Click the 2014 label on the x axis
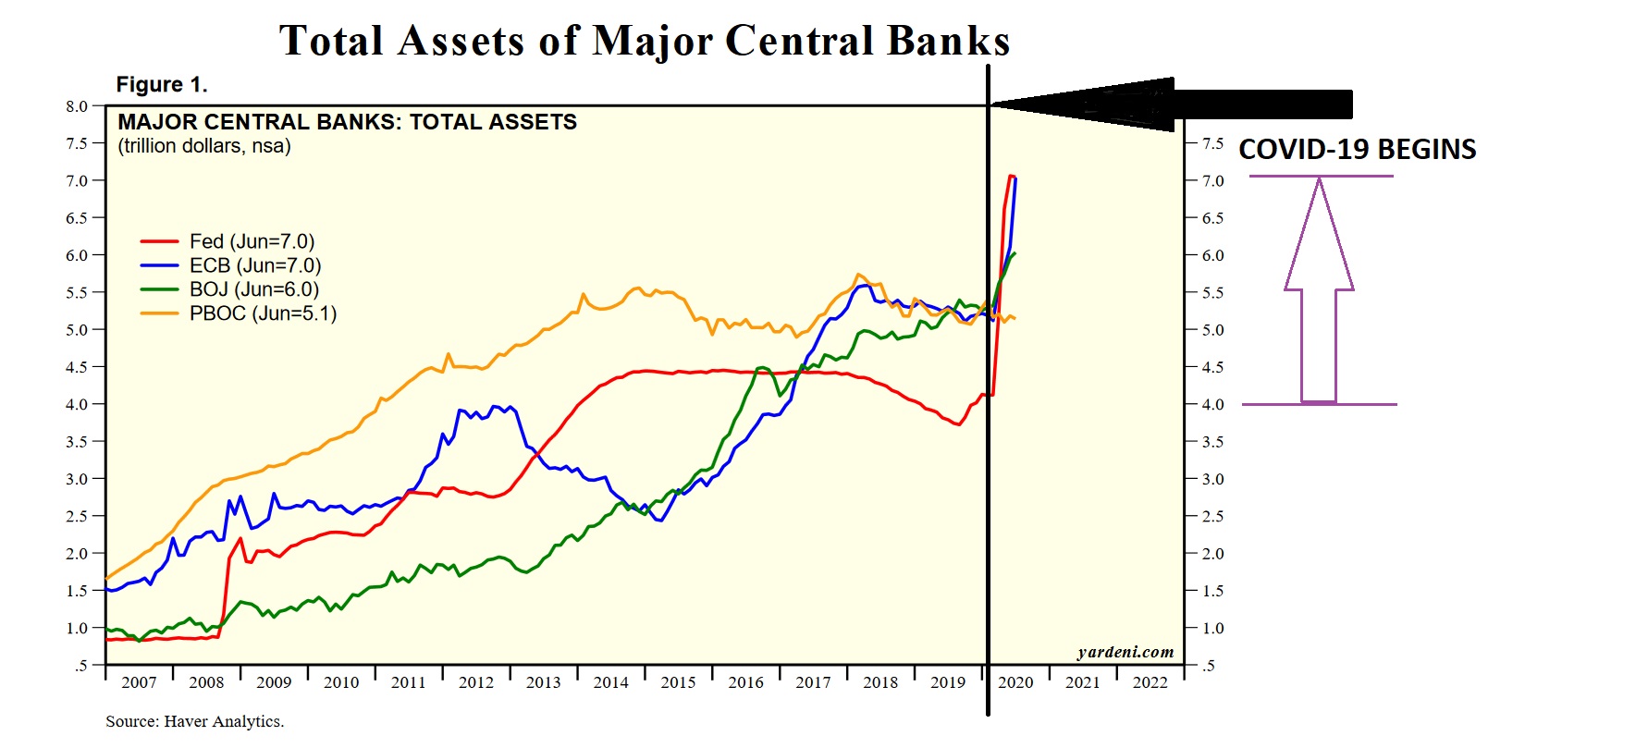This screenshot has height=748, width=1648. tap(610, 682)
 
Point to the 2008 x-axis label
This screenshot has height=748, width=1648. tap(206, 682)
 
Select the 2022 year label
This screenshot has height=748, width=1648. tap(1150, 682)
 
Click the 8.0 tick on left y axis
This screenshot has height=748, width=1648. tap(77, 106)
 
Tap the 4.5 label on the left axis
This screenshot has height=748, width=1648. tap(77, 367)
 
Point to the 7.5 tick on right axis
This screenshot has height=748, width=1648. tap(1212, 143)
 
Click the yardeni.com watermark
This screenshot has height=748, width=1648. tap(1125, 652)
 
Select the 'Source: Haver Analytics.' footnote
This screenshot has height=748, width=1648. tap(194, 721)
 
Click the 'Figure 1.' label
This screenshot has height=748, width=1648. tap(162, 85)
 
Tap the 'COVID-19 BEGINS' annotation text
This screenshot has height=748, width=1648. tap(1357, 150)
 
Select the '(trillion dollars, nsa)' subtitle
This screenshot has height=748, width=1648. tap(204, 146)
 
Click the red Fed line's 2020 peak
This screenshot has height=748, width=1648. tap(1011, 175)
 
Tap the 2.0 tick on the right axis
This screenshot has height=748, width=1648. tap(1212, 554)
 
